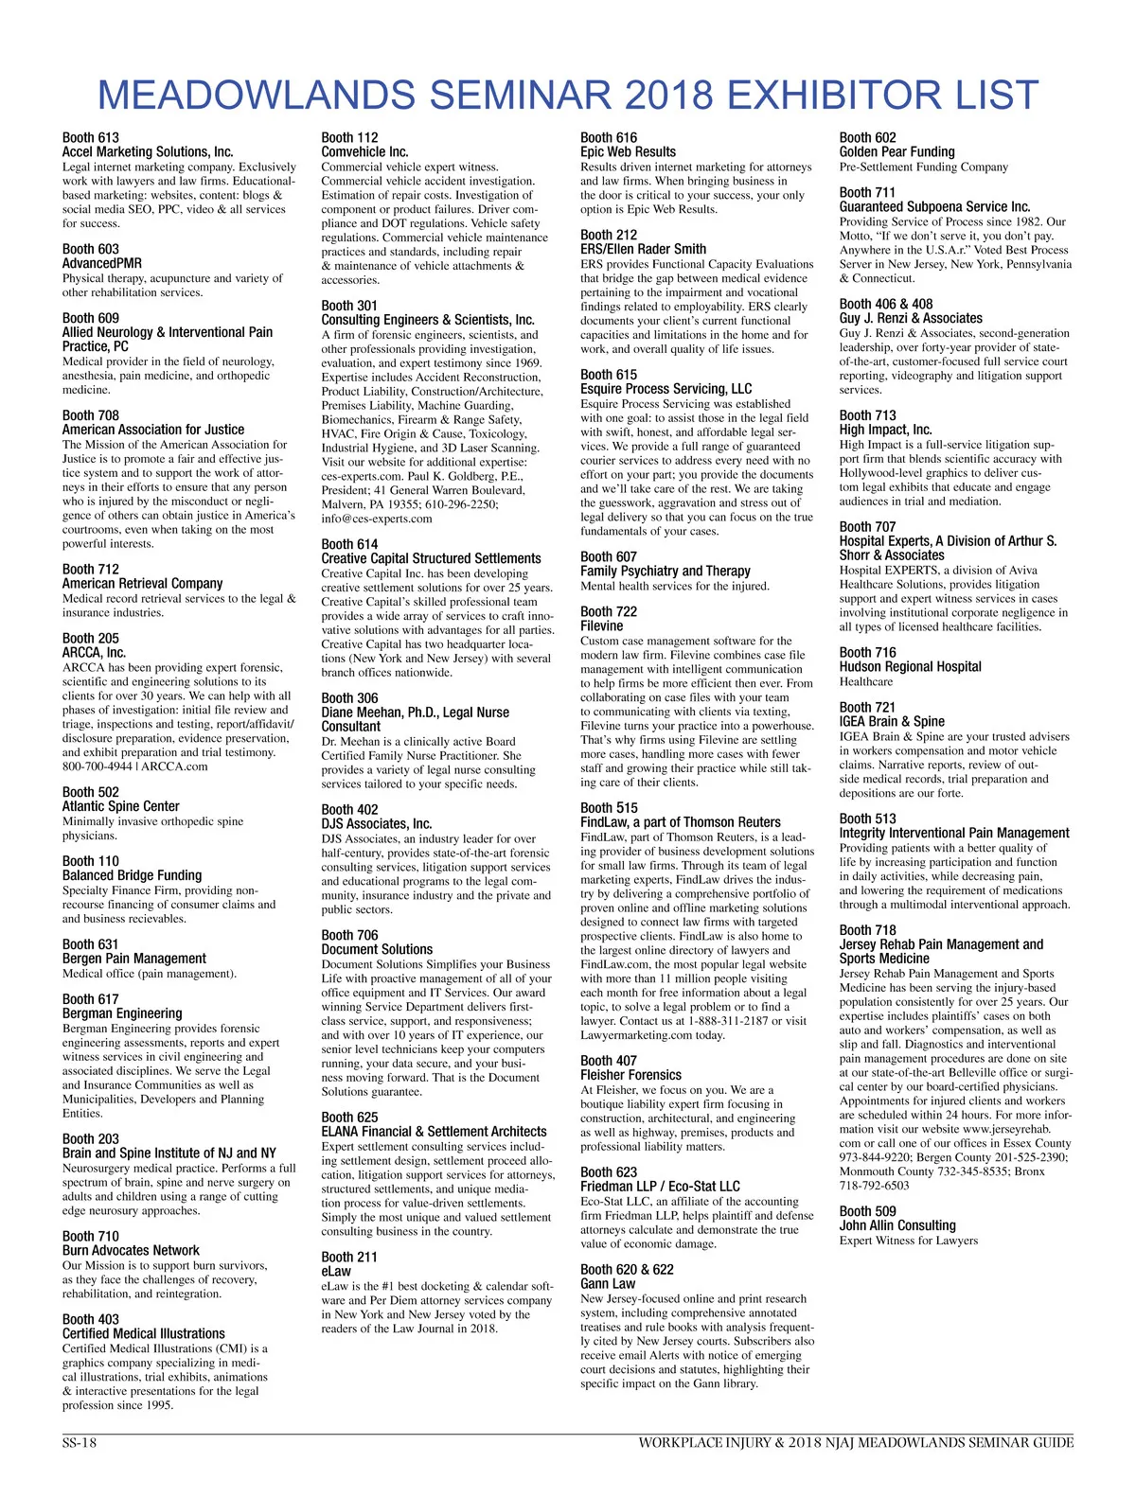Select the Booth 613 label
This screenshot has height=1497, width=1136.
coord(91,137)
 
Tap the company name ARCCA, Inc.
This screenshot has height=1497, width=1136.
coord(94,652)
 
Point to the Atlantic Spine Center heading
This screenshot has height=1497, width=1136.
coord(120,806)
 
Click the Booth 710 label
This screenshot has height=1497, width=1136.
coord(91,1236)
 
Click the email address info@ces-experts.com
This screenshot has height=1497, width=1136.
coord(377,519)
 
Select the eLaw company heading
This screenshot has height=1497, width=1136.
coord(336,1271)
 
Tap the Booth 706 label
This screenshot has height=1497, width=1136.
coord(349,935)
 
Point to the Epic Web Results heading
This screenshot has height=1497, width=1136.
coord(628,151)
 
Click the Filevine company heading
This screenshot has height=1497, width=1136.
coord(602,625)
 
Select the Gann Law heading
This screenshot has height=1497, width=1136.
coord(608,1283)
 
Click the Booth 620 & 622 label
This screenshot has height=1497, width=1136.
coord(627,1269)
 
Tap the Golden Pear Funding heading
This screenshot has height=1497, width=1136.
coord(896,151)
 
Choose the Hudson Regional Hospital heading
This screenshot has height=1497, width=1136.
coord(910,666)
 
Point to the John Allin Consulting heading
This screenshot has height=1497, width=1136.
coord(897,1224)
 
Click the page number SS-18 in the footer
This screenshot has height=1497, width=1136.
coord(80,1443)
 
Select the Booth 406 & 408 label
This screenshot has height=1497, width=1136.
coord(885,304)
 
